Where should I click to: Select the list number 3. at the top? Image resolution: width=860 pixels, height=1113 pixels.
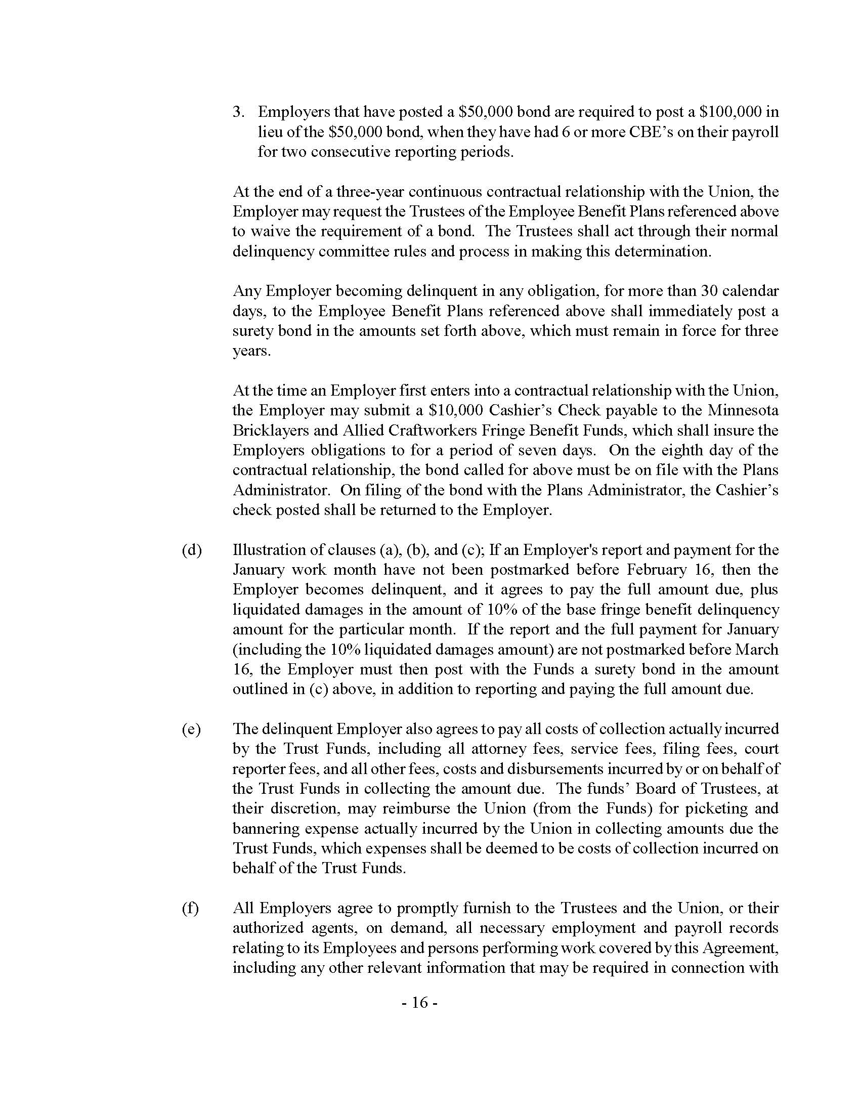(238, 112)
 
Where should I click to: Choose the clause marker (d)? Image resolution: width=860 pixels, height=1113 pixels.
(192, 550)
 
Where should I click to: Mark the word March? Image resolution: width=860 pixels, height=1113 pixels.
(757, 649)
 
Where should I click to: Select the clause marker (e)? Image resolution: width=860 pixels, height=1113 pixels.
(192, 729)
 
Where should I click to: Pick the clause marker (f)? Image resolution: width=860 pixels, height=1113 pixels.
(190, 909)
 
